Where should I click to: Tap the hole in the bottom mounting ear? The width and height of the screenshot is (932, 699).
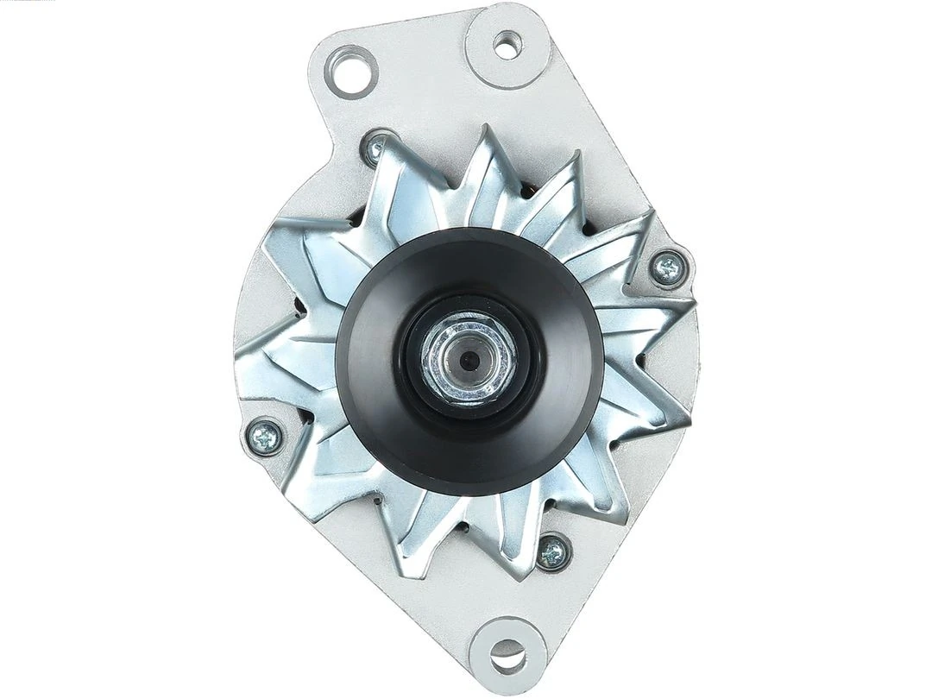pos(506,660)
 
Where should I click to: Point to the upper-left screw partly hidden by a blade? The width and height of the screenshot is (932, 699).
pos(376,152)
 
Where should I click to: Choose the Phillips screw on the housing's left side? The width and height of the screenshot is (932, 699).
pos(263,436)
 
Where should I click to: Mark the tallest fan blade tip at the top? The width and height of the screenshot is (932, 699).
pos(490,129)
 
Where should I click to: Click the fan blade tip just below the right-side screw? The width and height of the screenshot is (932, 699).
pos(690,302)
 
